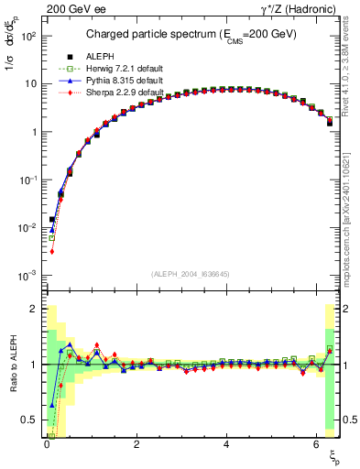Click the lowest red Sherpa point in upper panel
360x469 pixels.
pyautogui.click(x=52, y=251)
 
